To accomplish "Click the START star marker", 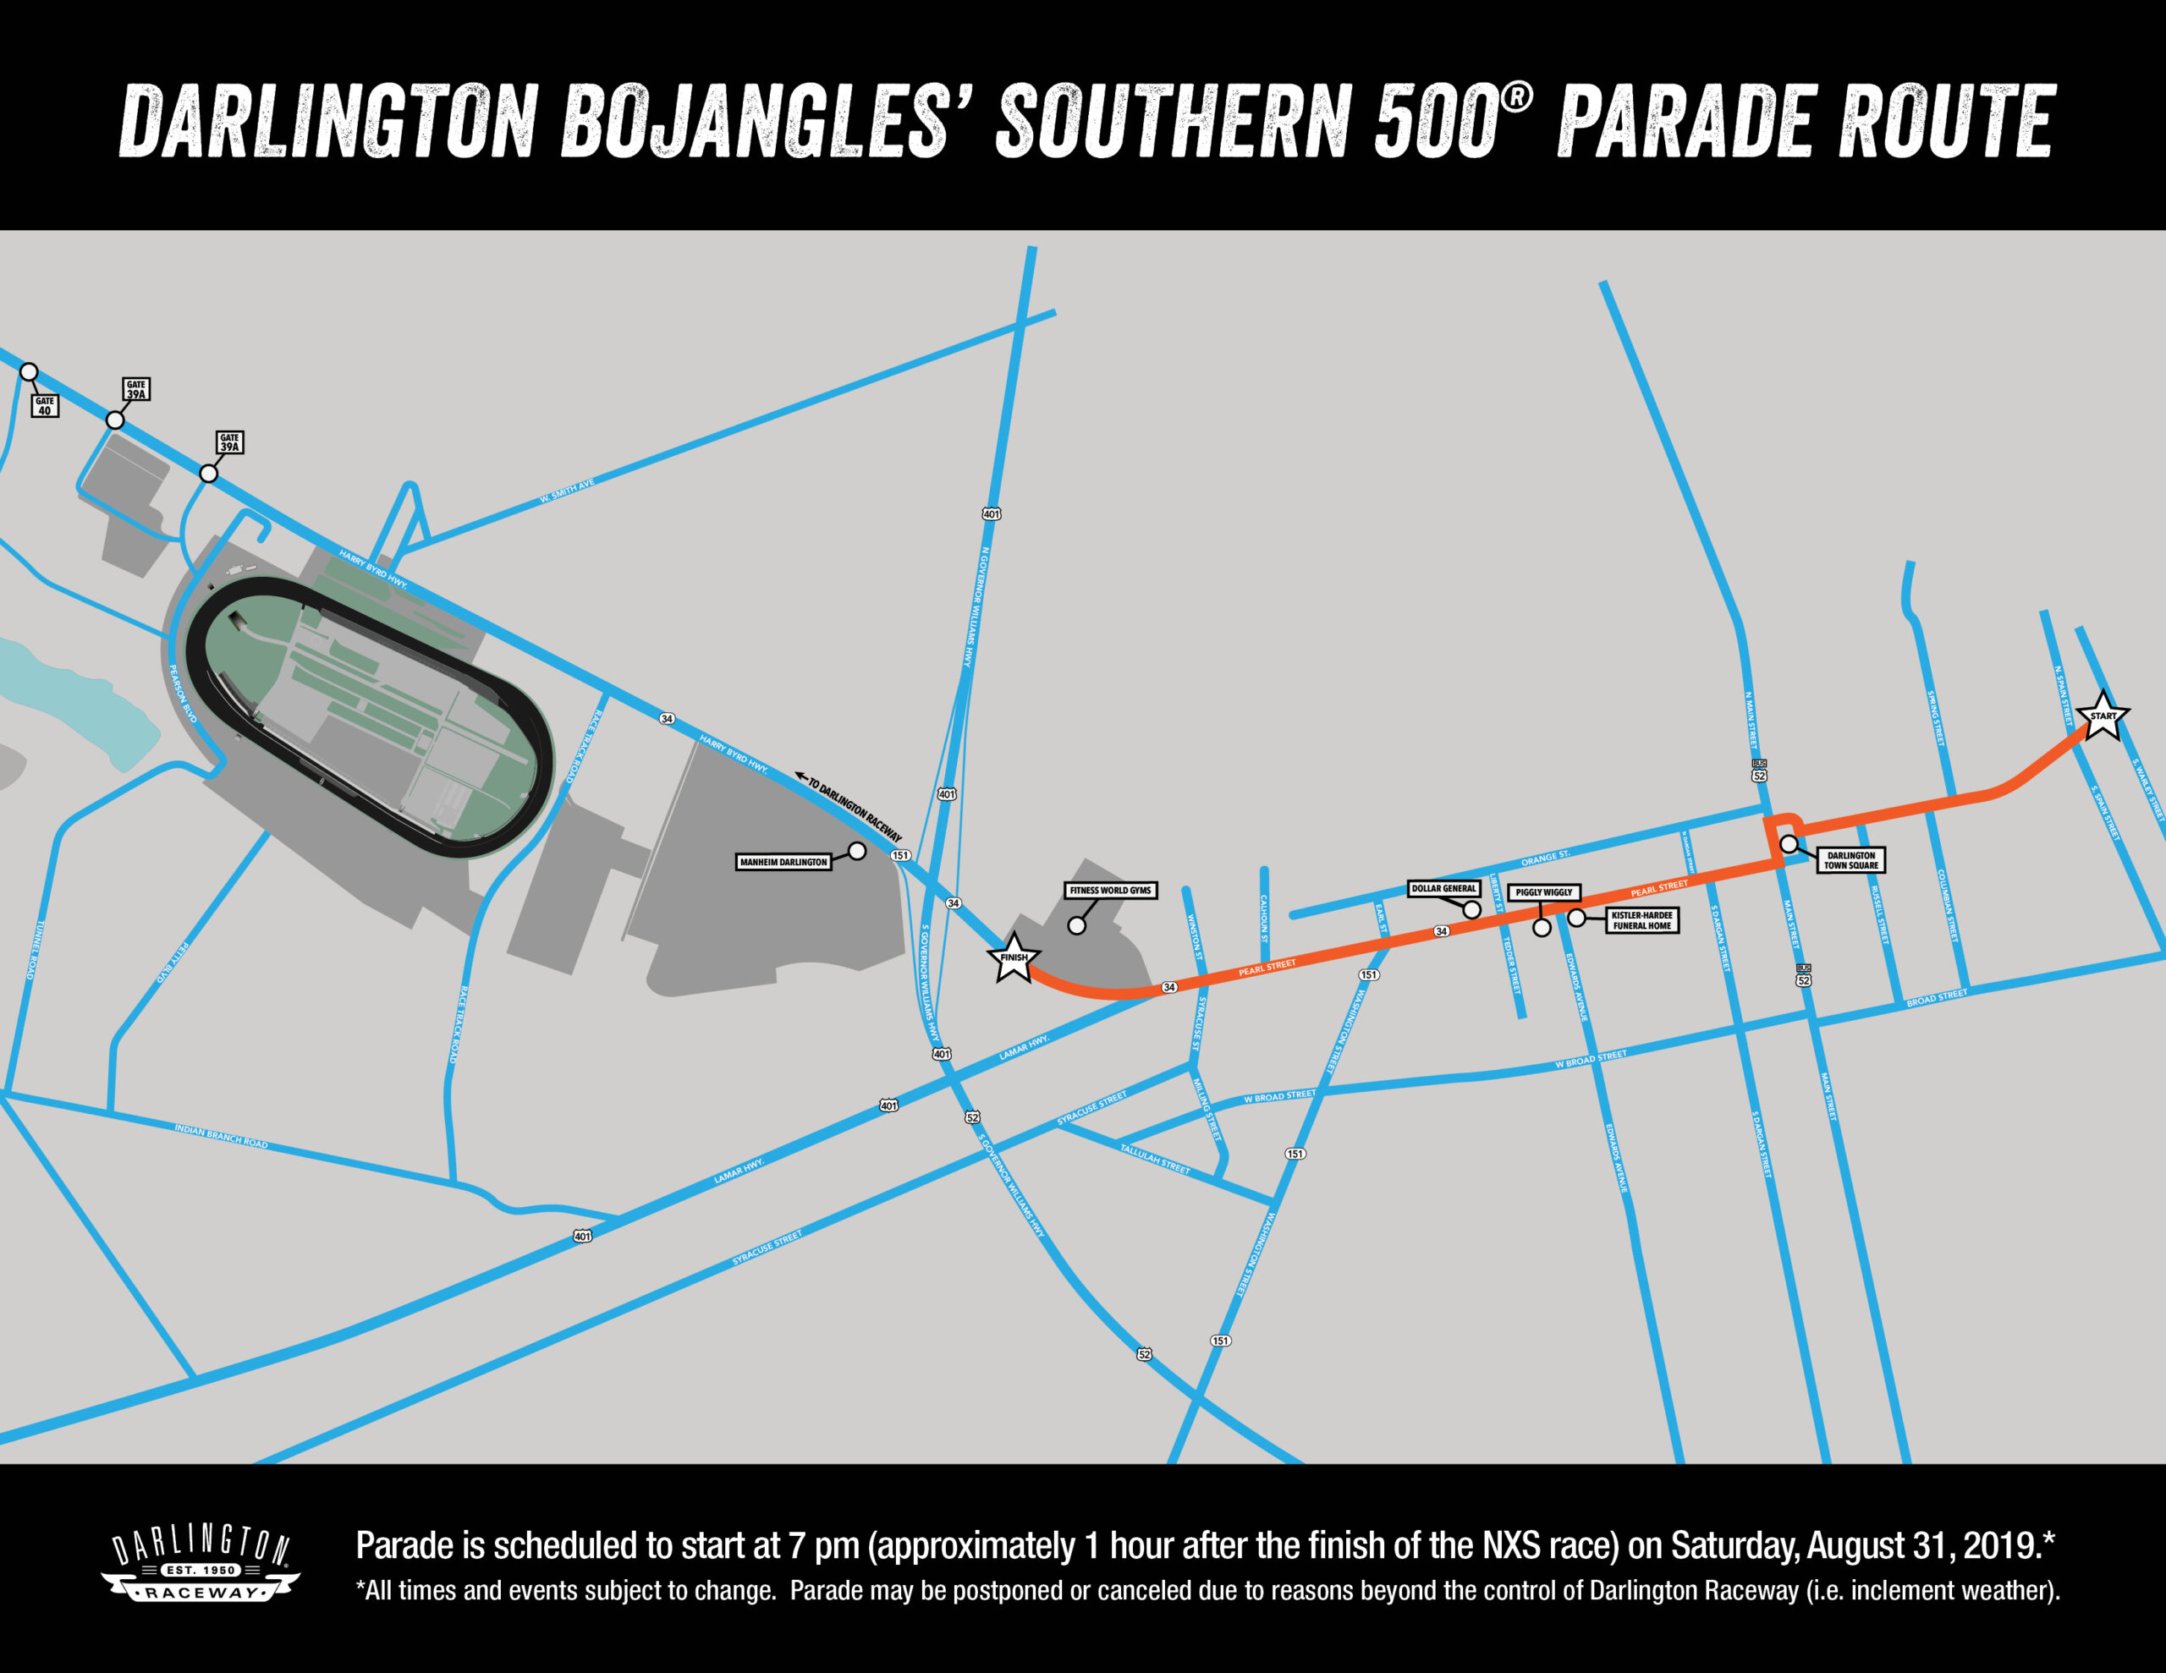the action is click(x=2102, y=716).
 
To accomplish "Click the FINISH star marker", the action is click(x=1014, y=958).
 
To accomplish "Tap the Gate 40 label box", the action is click(x=45, y=406).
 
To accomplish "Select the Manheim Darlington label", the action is click(x=783, y=862).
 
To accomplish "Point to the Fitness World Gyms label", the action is click(x=1110, y=891).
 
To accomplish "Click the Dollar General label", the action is click(x=1443, y=889).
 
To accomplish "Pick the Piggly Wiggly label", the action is click(x=1543, y=892).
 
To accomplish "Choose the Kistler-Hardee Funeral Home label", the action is click(x=1641, y=920).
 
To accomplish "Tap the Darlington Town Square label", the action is click(x=1850, y=860).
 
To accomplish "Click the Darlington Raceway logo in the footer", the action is click(x=201, y=1564).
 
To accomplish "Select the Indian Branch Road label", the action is click(x=221, y=1137).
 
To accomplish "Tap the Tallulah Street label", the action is click(x=1154, y=1158).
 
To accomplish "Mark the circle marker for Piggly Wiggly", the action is click(x=1542, y=928).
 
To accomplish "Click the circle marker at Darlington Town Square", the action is click(x=1788, y=844).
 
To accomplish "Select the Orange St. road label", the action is click(x=1545, y=857).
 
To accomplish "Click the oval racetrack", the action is click(x=369, y=716).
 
